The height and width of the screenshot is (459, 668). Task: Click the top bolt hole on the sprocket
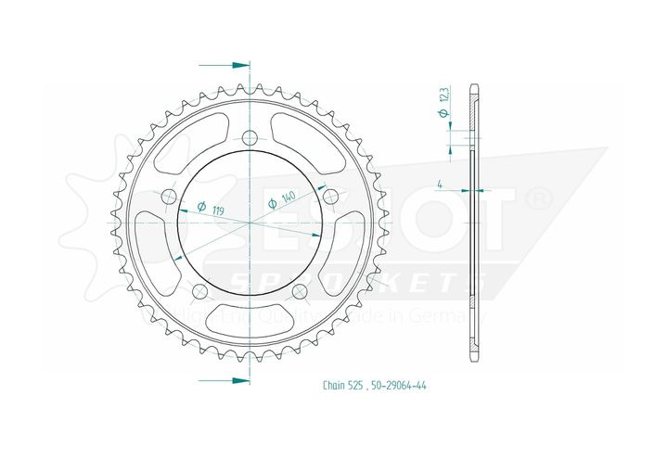click(x=250, y=138)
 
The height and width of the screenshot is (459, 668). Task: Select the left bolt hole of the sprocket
click(x=169, y=197)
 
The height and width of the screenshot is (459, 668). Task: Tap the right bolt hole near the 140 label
click(x=329, y=195)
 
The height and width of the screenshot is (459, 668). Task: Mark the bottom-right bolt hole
click(x=299, y=292)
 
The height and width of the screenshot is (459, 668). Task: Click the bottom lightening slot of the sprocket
click(x=249, y=320)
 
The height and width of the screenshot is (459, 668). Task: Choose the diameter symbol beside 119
click(x=201, y=207)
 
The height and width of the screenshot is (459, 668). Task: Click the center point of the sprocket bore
click(x=250, y=223)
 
